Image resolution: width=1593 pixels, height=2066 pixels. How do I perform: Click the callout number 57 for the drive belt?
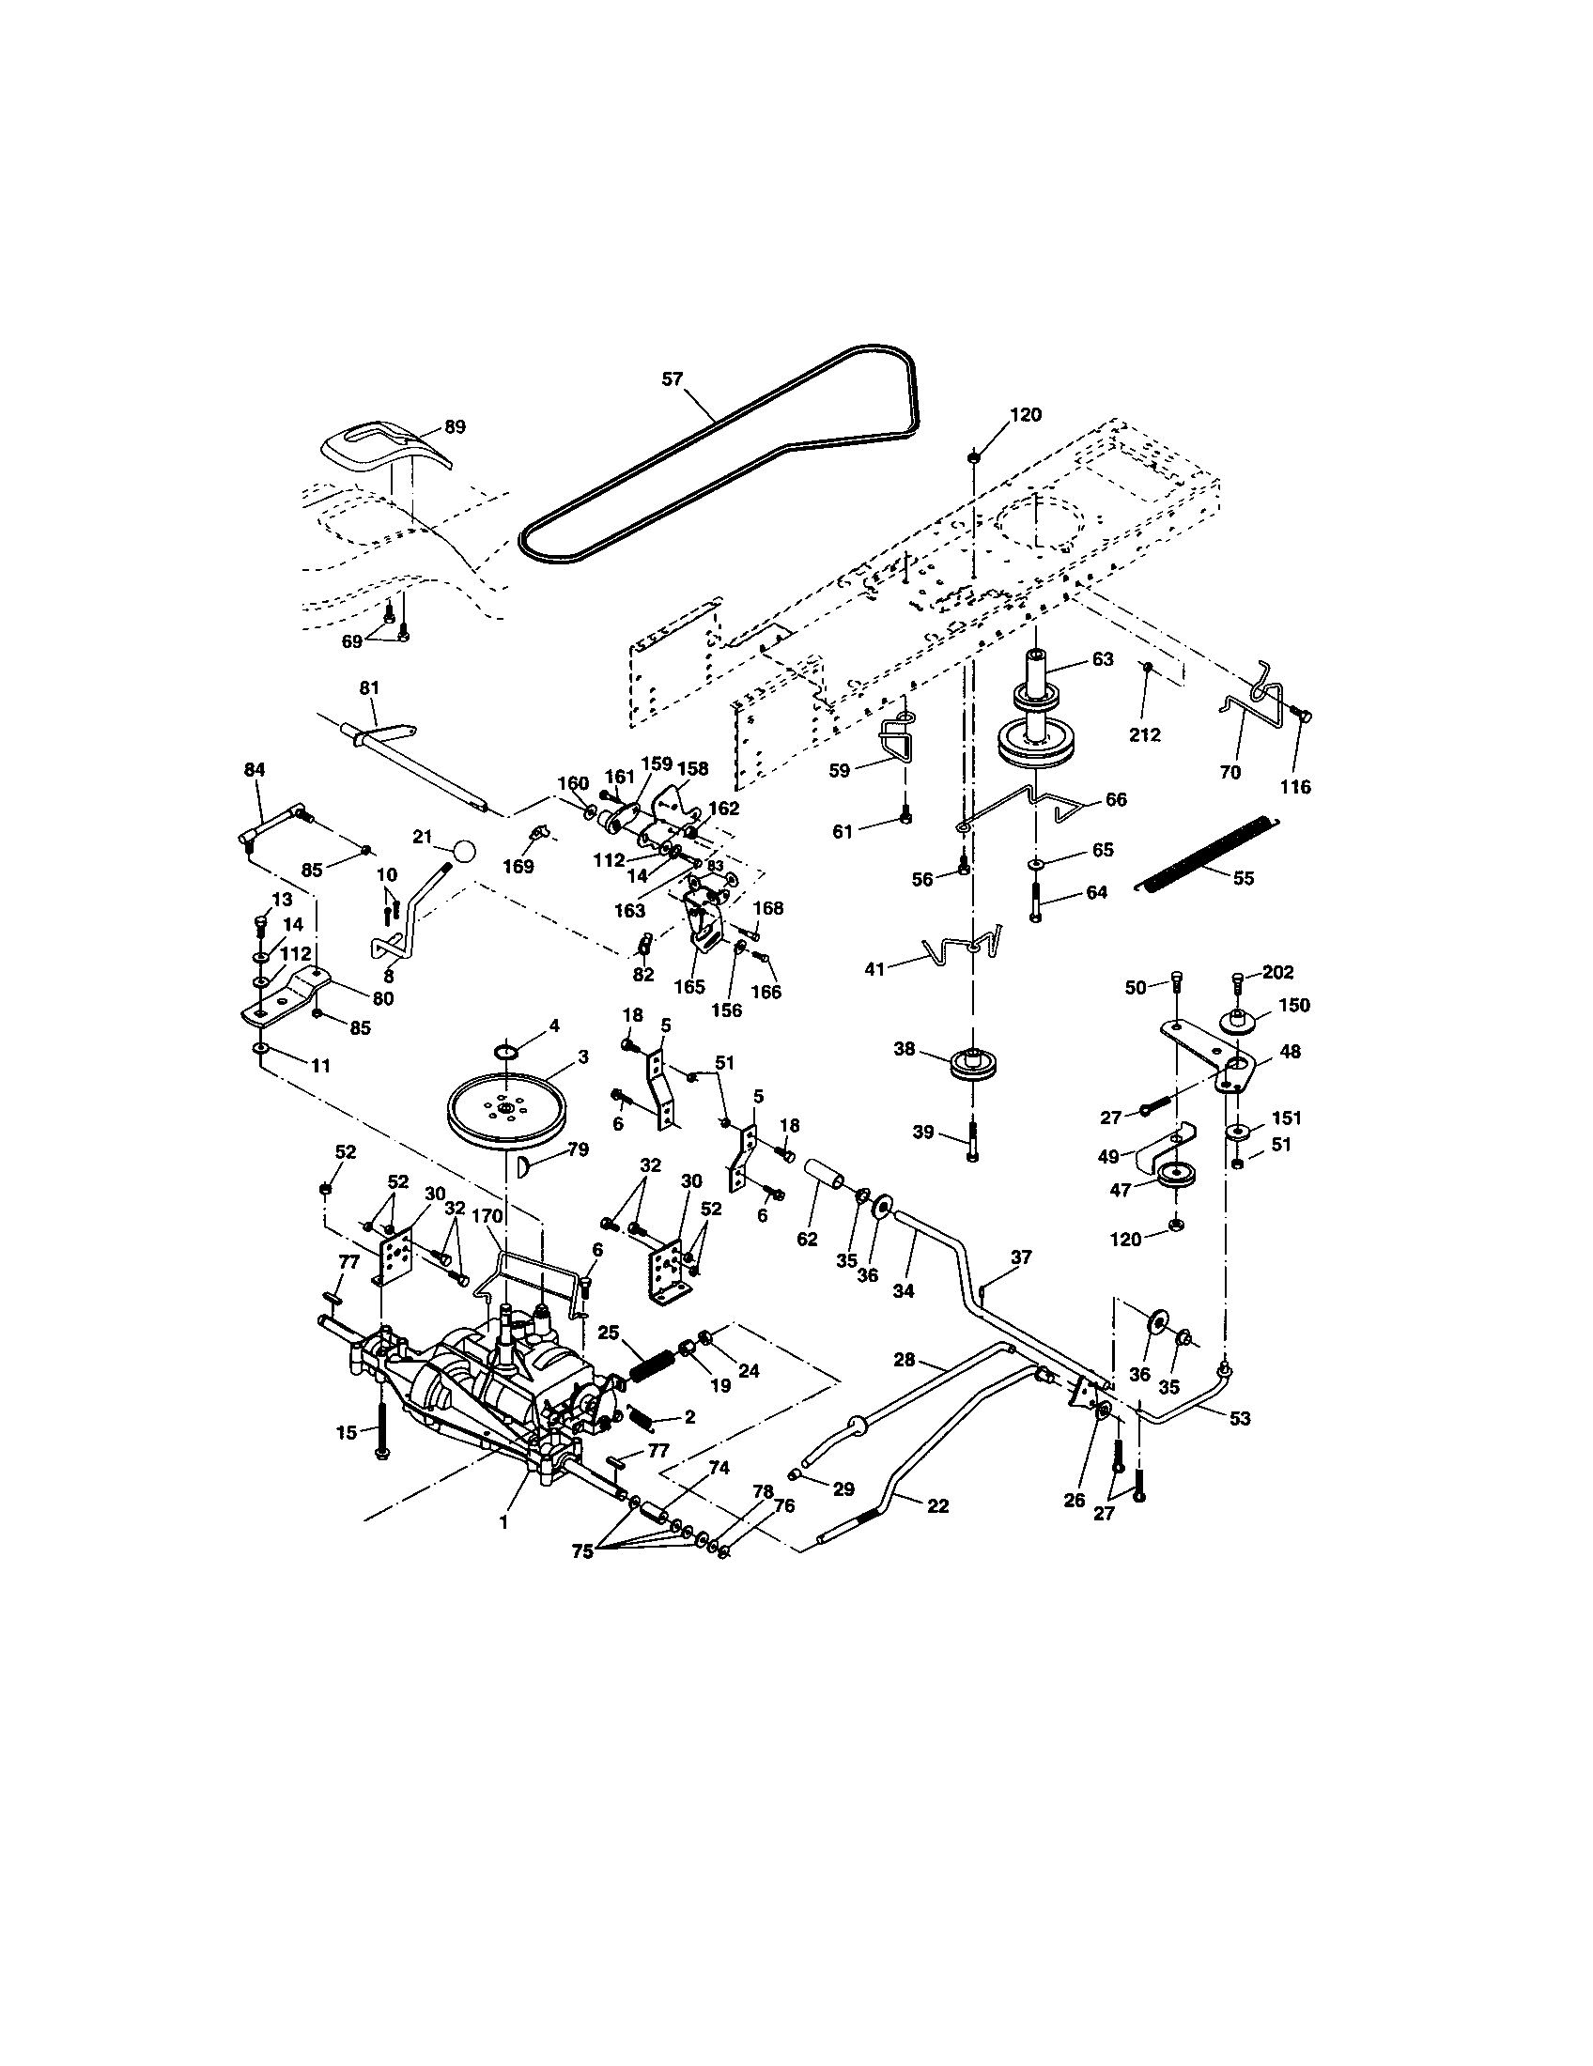pos(672,379)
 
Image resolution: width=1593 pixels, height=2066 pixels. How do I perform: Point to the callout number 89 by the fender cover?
pos(455,426)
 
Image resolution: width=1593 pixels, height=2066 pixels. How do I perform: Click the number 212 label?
pos(1145,734)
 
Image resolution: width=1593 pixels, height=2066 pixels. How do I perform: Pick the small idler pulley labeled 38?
pos(970,1063)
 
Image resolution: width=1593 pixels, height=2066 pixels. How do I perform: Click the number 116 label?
pos(1295,786)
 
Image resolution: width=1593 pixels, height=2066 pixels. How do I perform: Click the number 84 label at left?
pos(254,770)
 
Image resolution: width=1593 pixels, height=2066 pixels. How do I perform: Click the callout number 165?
pos(689,986)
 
